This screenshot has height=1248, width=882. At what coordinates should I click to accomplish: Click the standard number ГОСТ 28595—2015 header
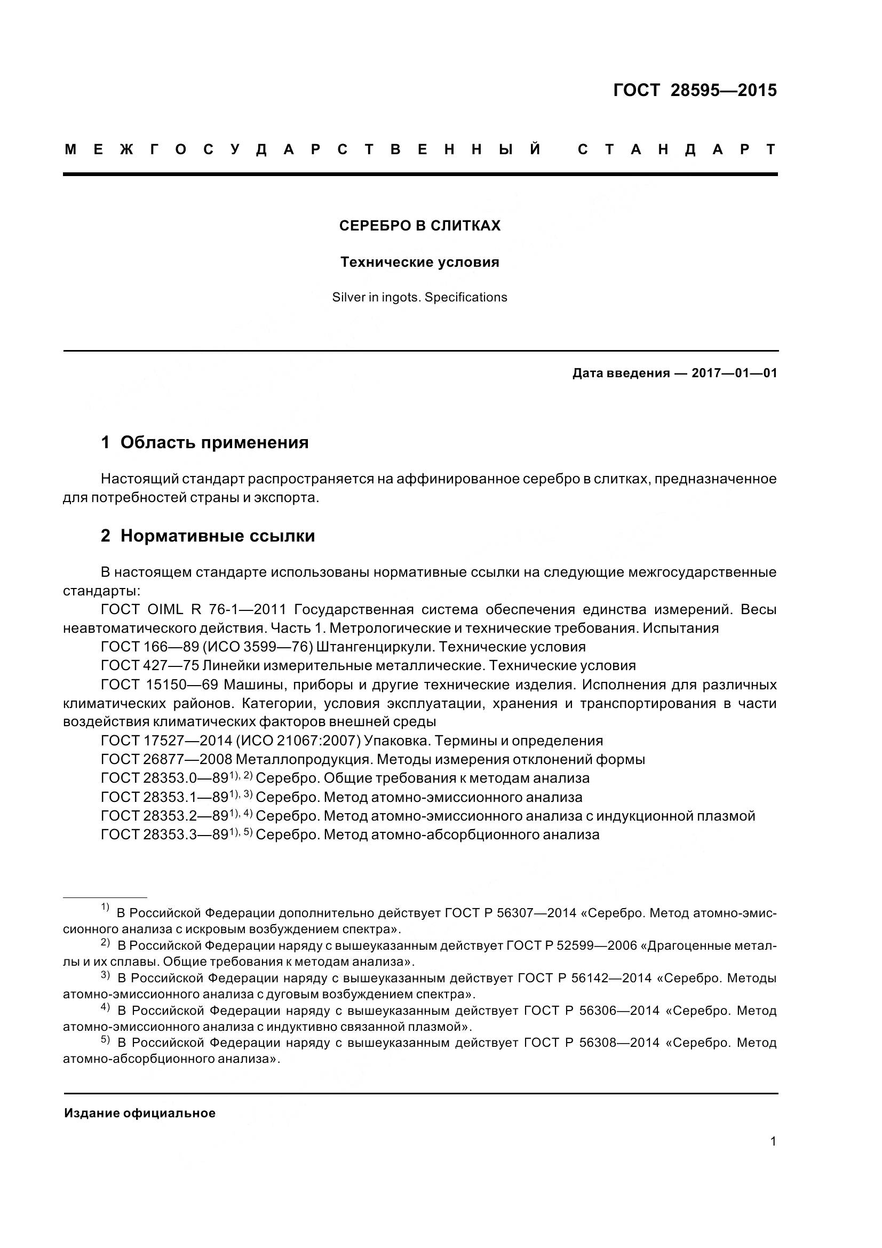(695, 90)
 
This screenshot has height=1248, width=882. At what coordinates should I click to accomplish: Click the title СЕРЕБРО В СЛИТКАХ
(419, 226)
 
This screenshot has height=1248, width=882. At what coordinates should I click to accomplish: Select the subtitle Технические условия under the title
(419, 263)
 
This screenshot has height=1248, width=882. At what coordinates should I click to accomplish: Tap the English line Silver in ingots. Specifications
(419, 297)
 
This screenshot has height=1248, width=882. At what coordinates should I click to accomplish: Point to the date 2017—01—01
(734, 373)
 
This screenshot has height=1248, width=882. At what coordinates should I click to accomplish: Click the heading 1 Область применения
(204, 442)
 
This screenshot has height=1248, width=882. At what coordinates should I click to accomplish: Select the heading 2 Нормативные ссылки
(208, 536)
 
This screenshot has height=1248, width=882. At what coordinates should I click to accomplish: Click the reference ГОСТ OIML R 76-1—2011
(194, 610)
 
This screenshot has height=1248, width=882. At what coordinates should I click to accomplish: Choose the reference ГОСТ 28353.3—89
(164, 834)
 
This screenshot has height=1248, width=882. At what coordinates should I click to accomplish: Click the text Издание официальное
(140, 1113)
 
